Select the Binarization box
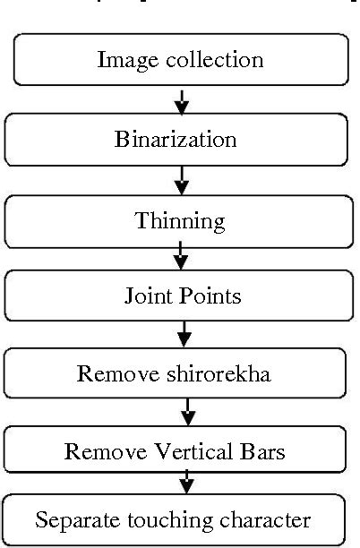pyautogui.click(x=176, y=140)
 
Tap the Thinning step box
pyautogui.click(x=176, y=219)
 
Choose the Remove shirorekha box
pyautogui.click(x=176, y=373)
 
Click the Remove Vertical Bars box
pyautogui.click(x=176, y=451)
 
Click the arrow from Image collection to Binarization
pyautogui.click(x=182, y=100)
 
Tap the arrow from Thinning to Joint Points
pyautogui.click(x=181, y=256)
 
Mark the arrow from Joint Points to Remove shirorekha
pyautogui.click(x=184, y=334)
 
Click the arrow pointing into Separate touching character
pyautogui.click(x=186, y=484)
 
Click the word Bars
pyautogui.click(x=265, y=451)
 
